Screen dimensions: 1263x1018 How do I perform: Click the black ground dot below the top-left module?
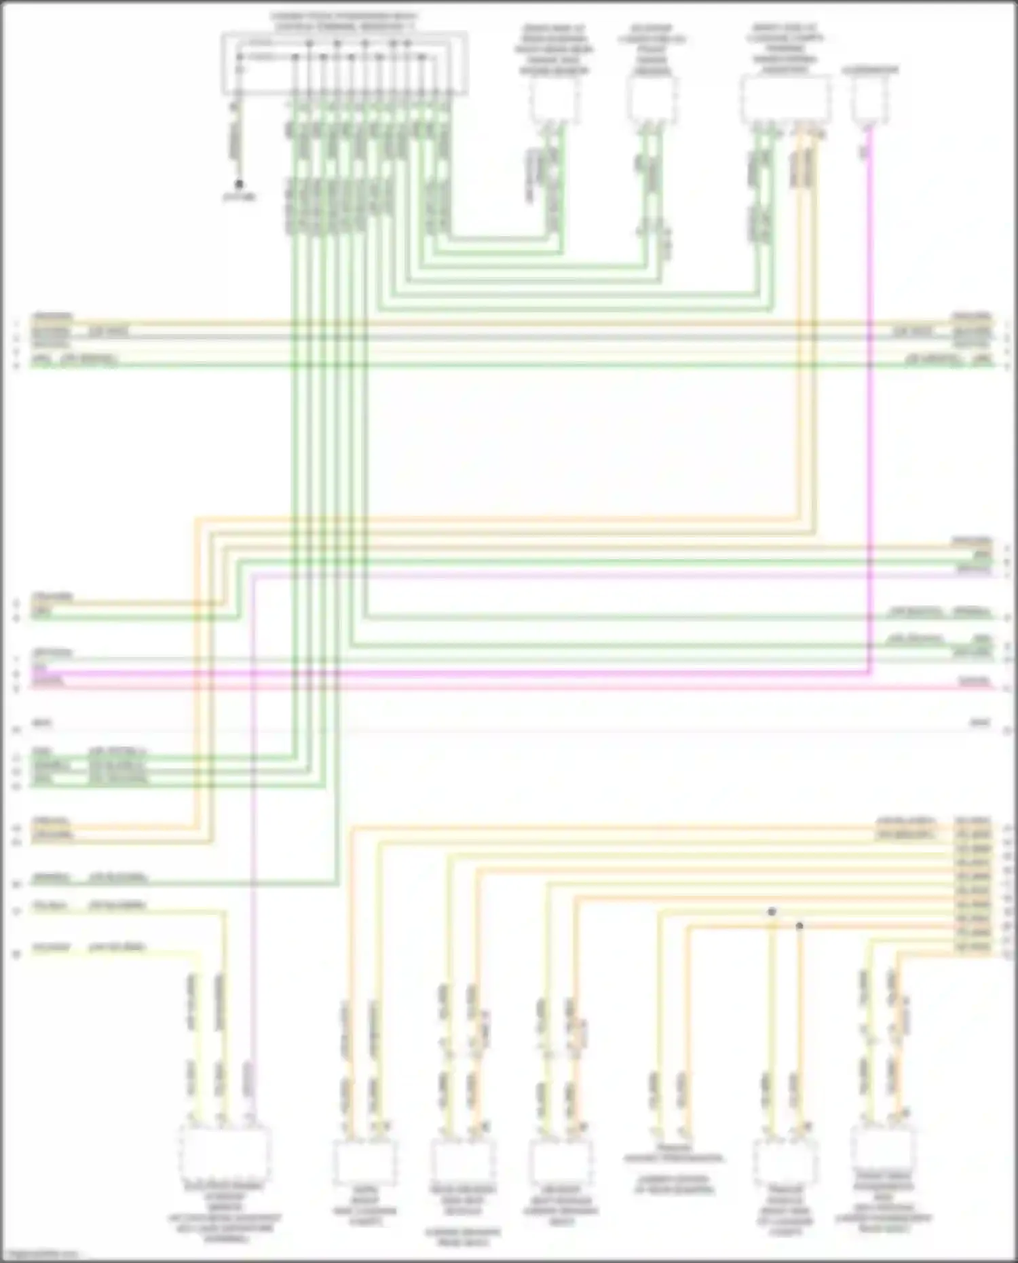(x=239, y=184)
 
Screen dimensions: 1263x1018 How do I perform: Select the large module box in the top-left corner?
(x=344, y=62)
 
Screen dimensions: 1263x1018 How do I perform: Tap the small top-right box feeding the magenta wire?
(x=871, y=100)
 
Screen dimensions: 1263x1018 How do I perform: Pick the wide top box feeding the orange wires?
(x=785, y=100)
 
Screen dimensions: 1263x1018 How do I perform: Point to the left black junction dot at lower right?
(x=772, y=911)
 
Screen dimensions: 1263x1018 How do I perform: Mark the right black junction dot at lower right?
(x=799, y=926)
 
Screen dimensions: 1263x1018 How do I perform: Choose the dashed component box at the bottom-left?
(x=225, y=1154)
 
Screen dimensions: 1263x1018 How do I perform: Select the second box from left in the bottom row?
(x=364, y=1161)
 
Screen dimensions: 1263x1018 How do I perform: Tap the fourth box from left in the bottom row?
(x=560, y=1161)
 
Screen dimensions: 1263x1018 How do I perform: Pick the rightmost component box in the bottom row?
(x=882, y=1151)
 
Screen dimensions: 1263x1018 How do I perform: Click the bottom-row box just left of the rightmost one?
(x=785, y=1161)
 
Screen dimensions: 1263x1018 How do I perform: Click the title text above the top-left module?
(x=344, y=21)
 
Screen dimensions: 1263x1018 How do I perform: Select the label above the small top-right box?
(x=870, y=70)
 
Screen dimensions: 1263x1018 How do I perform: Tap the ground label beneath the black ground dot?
(x=240, y=197)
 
